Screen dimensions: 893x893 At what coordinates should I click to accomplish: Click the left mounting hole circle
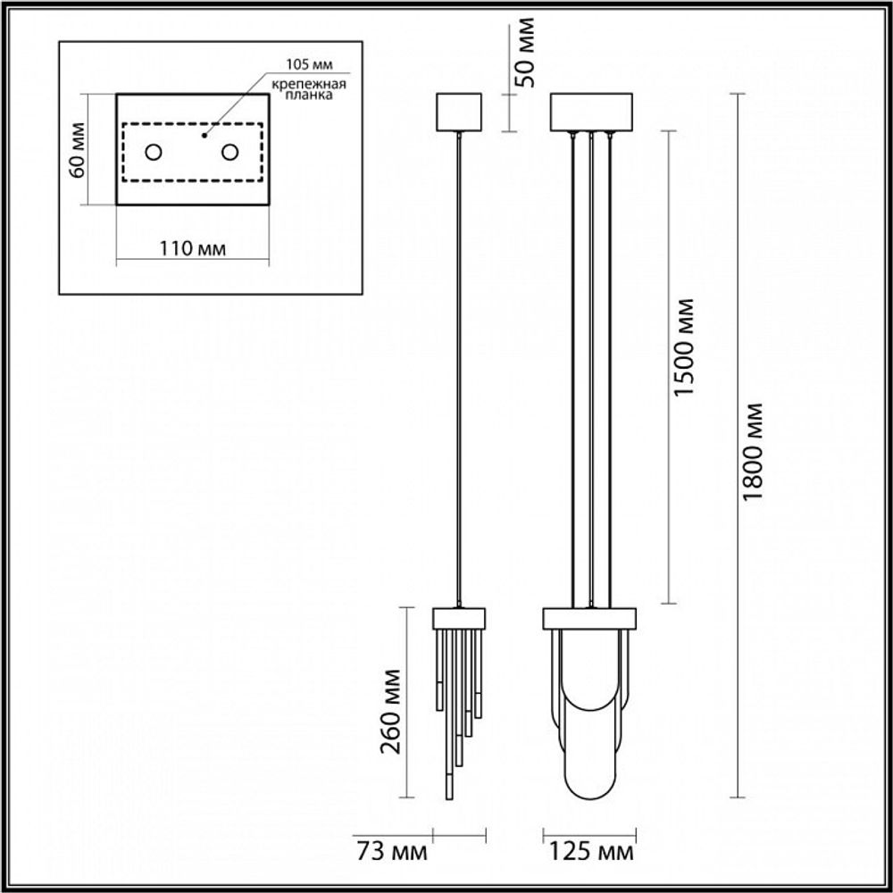pyautogui.click(x=154, y=153)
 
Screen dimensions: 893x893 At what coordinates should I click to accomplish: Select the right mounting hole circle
pyautogui.click(x=230, y=153)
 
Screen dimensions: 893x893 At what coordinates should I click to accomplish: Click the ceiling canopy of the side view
pyautogui.click(x=458, y=111)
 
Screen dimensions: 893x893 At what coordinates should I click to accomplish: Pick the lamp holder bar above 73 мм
pyautogui.click(x=459, y=617)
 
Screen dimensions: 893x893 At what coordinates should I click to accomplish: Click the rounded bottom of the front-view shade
pyautogui.click(x=590, y=786)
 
